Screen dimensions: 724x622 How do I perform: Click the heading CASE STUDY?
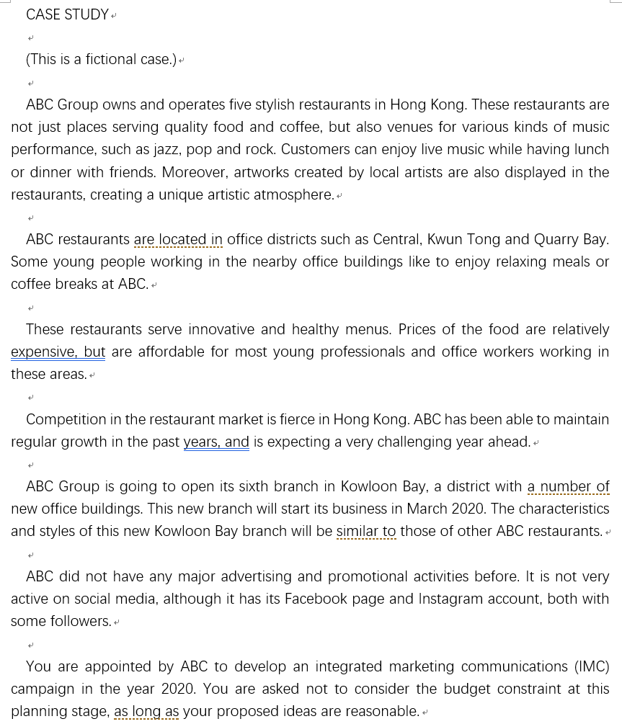tap(67, 14)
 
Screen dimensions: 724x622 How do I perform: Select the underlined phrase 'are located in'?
tap(178, 239)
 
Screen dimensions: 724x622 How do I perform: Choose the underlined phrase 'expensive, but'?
tap(58, 352)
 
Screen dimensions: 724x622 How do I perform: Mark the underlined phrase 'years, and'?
tap(216, 442)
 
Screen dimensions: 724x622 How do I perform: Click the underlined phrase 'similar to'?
tap(366, 531)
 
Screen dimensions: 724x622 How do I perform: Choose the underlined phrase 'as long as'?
tap(146, 711)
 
